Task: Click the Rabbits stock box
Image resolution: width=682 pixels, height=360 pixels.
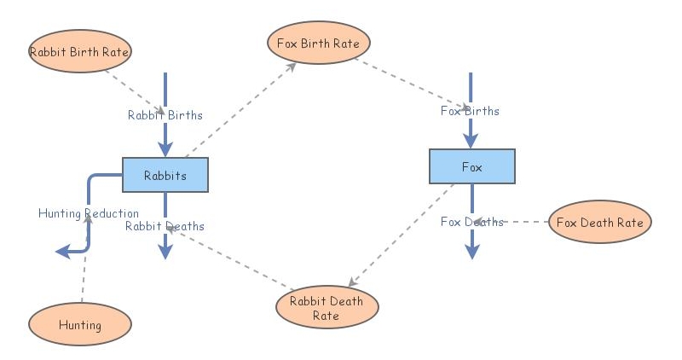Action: click(165, 175)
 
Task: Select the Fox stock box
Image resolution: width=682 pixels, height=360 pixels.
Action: click(471, 166)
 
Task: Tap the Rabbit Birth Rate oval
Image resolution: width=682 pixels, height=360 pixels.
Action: click(79, 51)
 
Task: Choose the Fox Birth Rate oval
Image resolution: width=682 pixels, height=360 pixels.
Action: click(318, 42)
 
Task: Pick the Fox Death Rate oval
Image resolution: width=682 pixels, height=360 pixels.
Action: click(599, 222)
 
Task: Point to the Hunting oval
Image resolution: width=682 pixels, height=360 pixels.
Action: click(80, 324)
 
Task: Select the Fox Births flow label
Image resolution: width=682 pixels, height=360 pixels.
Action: click(470, 111)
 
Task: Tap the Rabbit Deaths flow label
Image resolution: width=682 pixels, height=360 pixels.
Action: click(165, 226)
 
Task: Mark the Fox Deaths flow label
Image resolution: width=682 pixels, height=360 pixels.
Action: click(471, 222)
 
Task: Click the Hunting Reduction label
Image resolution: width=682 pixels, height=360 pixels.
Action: click(88, 213)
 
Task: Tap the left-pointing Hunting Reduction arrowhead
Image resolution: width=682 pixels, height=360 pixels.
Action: click(62, 251)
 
